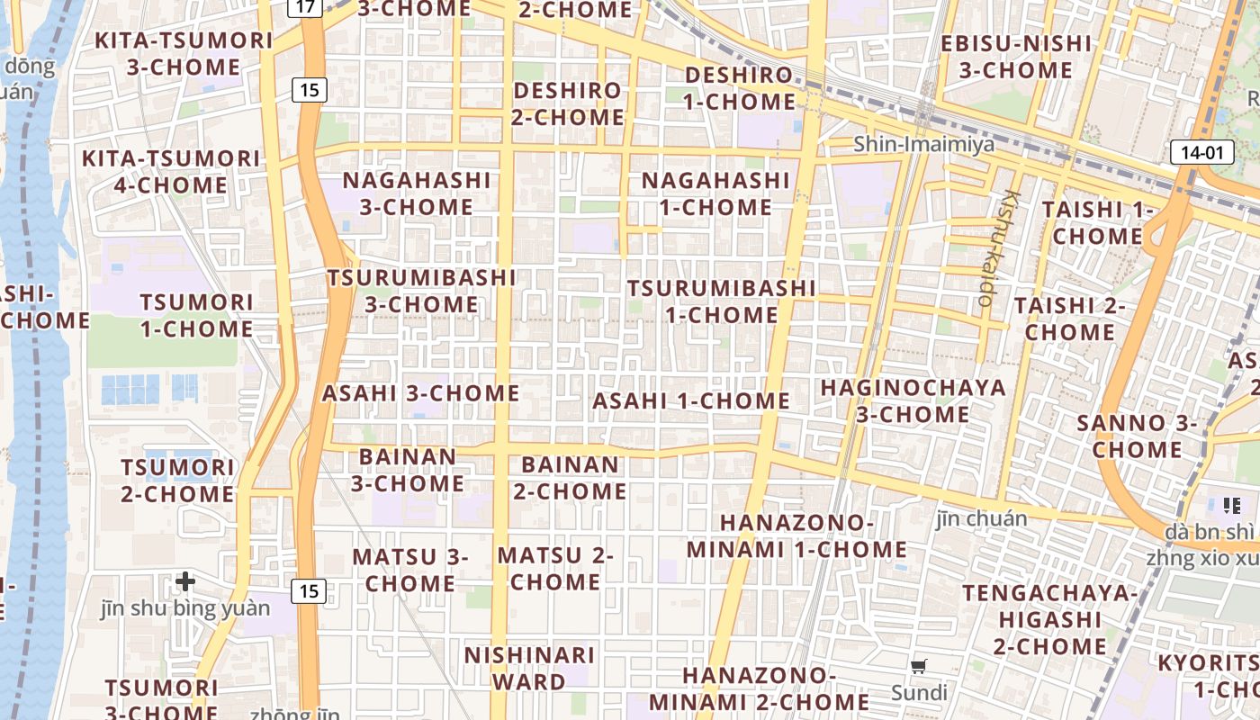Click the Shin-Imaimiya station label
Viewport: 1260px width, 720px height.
924,144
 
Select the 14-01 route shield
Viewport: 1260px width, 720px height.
1201,152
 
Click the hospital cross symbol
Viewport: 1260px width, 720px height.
185,581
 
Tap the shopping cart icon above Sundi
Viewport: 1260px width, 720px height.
919,667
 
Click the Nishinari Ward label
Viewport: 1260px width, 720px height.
529,668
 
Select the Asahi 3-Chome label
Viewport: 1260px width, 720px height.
421,393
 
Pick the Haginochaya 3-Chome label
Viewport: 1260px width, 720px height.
913,400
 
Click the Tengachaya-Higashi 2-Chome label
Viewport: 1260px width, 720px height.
1050,619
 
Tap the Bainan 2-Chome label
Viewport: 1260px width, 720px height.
570,478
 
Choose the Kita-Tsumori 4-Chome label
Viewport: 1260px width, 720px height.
171,172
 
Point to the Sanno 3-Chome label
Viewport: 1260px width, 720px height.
1137,436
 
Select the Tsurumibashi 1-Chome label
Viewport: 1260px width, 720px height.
721,301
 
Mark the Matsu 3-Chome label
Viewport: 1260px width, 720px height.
410,570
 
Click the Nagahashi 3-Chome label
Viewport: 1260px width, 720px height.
417,193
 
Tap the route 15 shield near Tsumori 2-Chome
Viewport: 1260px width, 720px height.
309,591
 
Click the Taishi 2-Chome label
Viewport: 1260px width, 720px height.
1070,319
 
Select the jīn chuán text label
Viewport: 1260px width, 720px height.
981,518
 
